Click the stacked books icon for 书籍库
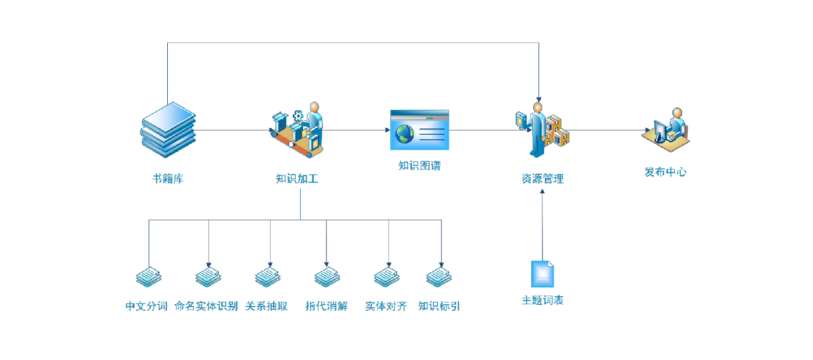(x=168, y=130)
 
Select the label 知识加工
(x=297, y=179)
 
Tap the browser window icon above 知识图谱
(x=419, y=130)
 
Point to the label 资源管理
(x=542, y=179)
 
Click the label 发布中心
(x=665, y=172)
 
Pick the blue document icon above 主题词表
(x=542, y=273)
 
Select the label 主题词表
(x=542, y=300)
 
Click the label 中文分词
(x=146, y=306)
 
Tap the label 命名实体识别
(x=206, y=306)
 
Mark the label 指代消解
(x=326, y=306)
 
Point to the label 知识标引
(x=439, y=306)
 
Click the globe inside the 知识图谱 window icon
(x=405, y=134)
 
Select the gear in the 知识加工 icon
(x=298, y=116)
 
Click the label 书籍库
(x=168, y=179)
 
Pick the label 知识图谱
(x=419, y=165)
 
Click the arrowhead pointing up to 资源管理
(x=542, y=191)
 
